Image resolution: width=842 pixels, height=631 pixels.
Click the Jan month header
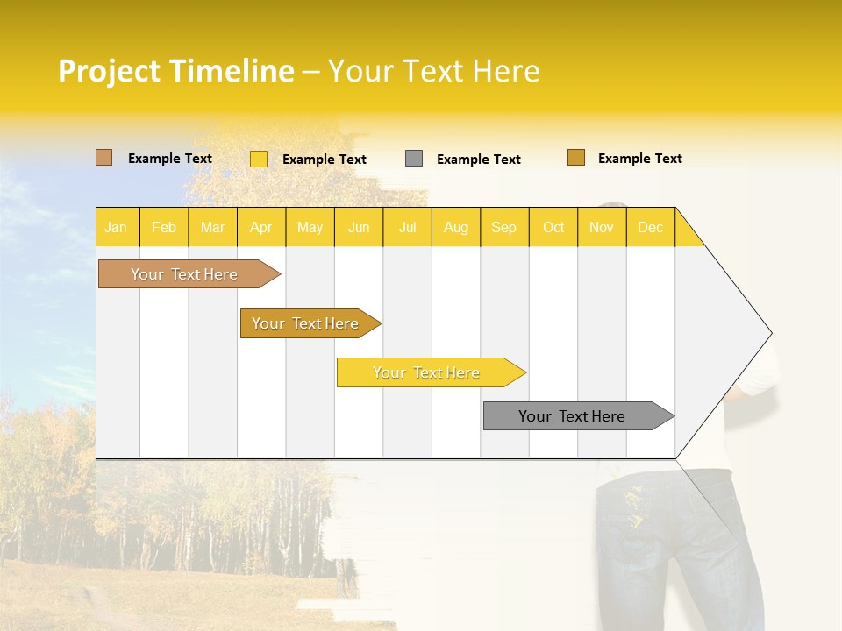click(x=117, y=227)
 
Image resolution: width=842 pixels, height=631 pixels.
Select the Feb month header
click(x=164, y=227)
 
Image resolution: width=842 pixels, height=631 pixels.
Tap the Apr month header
click(x=261, y=227)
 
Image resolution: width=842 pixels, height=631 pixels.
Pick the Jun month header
click(x=359, y=227)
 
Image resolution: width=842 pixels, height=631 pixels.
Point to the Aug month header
click(x=456, y=227)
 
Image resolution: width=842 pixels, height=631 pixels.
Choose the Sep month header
click(x=504, y=227)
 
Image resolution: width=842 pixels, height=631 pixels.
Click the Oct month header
click(x=553, y=227)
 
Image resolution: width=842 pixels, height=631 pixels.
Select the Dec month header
click(x=651, y=227)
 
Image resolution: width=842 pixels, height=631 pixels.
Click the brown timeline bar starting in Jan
click(x=185, y=274)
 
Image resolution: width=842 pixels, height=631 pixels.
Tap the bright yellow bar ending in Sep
click(x=427, y=372)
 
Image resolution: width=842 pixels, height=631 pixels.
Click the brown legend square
click(x=104, y=158)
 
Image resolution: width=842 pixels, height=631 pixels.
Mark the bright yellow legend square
click(x=259, y=159)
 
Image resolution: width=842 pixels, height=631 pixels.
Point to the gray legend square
click(x=414, y=159)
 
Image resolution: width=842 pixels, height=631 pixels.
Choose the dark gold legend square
click(x=576, y=158)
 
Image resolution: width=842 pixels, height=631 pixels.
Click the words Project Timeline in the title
click(x=176, y=71)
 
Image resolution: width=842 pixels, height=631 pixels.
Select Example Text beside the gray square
click(x=479, y=160)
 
